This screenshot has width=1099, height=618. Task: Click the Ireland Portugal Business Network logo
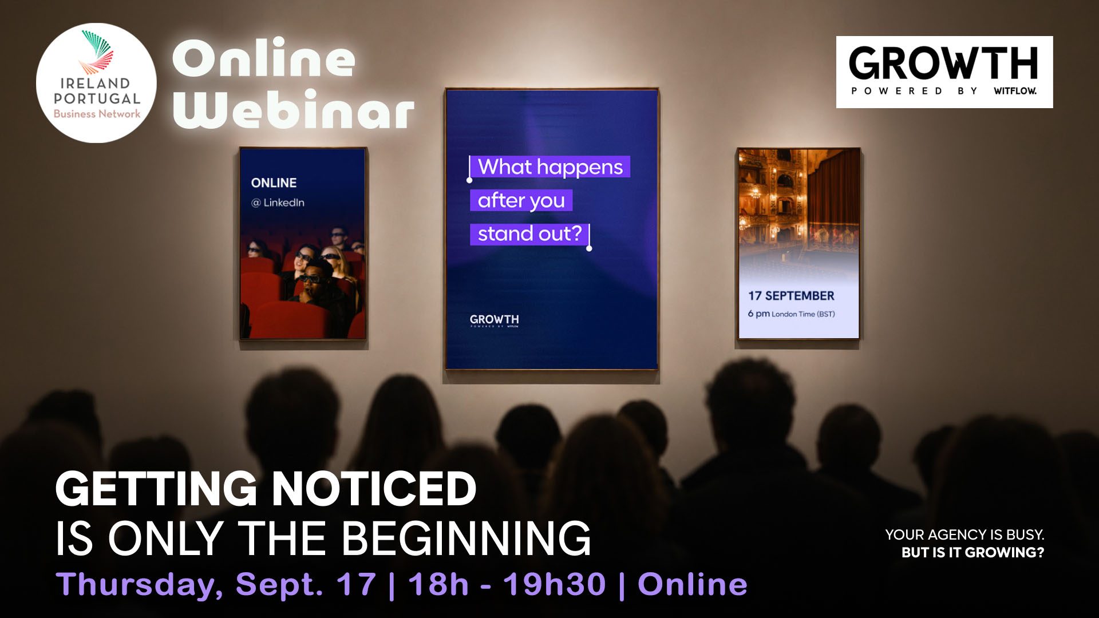click(96, 83)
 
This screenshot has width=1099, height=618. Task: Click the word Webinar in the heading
click(293, 109)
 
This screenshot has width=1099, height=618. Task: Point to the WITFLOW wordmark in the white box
click(1015, 90)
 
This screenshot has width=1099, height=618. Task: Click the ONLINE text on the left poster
click(274, 183)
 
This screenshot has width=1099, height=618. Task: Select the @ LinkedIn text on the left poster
click(278, 203)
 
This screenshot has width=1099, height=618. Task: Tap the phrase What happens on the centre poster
click(550, 167)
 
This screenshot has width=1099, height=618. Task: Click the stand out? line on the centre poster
click(529, 233)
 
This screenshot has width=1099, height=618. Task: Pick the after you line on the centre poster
click(521, 200)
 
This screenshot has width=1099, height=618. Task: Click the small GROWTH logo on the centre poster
click(494, 320)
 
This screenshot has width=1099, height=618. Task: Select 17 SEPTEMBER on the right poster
click(791, 296)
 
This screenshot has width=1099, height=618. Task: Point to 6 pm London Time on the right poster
click(791, 314)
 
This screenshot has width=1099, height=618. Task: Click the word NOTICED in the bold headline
click(374, 489)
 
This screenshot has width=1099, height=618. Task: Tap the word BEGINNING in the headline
click(467, 538)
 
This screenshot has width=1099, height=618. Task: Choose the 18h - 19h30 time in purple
click(507, 584)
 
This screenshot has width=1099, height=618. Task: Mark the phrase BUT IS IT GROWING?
click(973, 552)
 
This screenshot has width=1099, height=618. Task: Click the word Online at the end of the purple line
click(693, 584)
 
